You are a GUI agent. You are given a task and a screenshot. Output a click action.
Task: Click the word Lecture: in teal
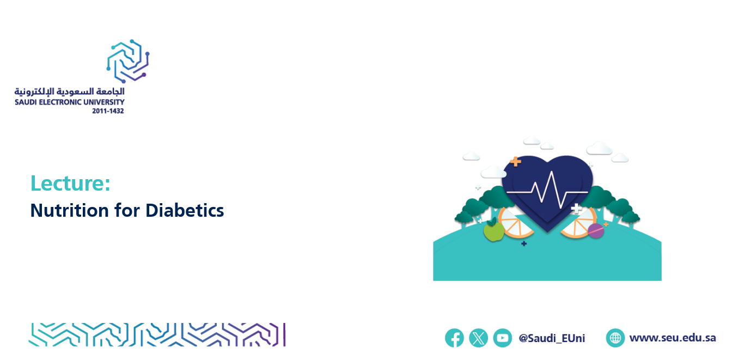(x=70, y=183)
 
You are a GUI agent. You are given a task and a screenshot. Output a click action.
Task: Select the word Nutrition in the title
(x=70, y=210)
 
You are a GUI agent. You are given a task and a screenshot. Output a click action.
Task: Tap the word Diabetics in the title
(x=185, y=210)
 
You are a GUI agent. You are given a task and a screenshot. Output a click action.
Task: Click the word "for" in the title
(x=127, y=210)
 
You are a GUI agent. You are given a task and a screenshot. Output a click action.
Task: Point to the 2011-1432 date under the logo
(x=108, y=111)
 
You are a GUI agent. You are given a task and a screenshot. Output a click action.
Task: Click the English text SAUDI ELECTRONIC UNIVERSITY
(x=70, y=102)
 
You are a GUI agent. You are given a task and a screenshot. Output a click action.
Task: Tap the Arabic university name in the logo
(x=70, y=91)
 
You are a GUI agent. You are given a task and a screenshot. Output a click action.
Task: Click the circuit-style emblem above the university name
(x=128, y=61)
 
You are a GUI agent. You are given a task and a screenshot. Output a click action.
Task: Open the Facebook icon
(x=454, y=338)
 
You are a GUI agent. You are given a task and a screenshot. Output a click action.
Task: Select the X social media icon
(x=478, y=338)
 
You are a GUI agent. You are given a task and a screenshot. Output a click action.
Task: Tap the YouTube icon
(x=502, y=338)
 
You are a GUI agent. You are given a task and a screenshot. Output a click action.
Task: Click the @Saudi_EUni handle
(x=552, y=338)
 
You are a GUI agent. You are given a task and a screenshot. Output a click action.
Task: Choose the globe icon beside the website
(x=615, y=338)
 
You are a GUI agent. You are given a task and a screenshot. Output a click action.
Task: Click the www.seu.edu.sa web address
(x=673, y=338)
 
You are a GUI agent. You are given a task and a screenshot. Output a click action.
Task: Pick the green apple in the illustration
(x=493, y=230)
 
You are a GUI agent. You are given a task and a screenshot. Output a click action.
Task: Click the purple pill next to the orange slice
(x=596, y=230)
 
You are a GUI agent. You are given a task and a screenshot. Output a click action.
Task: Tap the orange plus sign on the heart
(x=516, y=161)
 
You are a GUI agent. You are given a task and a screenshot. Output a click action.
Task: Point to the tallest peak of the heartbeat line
(x=551, y=172)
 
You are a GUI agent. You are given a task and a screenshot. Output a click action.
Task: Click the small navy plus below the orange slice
(x=524, y=244)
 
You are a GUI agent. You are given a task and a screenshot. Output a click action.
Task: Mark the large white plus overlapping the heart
(x=576, y=209)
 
